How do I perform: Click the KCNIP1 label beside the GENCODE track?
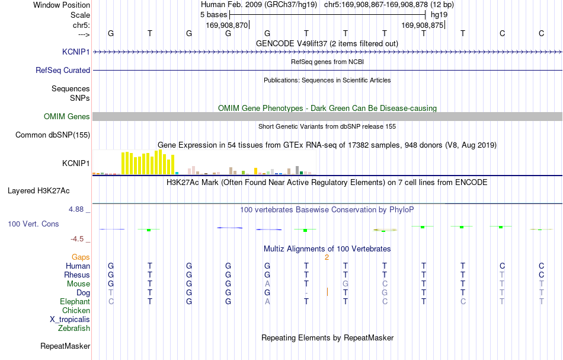[x=76, y=52]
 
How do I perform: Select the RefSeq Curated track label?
[x=63, y=70]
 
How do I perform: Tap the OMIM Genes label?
[x=67, y=116]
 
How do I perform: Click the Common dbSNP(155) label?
[x=53, y=135]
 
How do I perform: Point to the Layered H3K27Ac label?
[x=39, y=190]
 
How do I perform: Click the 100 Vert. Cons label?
[x=33, y=224]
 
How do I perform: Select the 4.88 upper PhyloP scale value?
[x=76, y=209]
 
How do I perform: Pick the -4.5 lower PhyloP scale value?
[x=77, y=239]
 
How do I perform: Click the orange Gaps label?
[x=81, y=257]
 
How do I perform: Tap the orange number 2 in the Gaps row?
[x=327, y=257]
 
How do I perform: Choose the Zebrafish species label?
[x=74, y=328]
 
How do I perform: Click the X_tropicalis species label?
[x=70, y=320]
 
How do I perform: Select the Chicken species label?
[x=76, y=310]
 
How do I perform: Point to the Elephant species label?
[x=75, y=301]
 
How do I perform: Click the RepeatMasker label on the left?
[x=65, y=346]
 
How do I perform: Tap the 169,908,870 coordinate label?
[x=227, y=25]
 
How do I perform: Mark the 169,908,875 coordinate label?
[x=422, y=25]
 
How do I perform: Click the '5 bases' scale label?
[x=213, y=15]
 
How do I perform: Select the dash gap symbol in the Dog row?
[x=306, y=293]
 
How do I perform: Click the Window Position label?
[x=62, y=5]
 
